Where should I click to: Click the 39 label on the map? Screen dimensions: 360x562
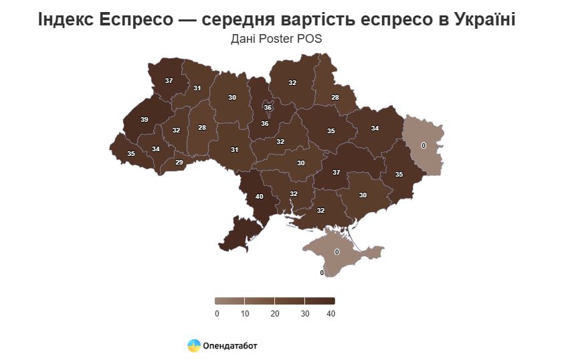pyautogui.click(x=144, y=120)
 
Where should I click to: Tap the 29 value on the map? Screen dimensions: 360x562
pyautogui.click(x=179, y=163)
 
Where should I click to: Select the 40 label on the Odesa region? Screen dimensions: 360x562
pyautogui.click(x=259, y=197)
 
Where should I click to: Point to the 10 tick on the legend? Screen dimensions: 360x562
pyautogui.click(x=246, y=314)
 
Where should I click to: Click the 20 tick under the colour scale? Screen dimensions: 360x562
pyautogui.click(x=275, y=314)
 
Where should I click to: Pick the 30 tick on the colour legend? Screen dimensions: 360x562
pyautogui.click(x=304, y=314)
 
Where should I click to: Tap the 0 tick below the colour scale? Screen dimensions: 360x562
pyautogui.click(x=217, y=314)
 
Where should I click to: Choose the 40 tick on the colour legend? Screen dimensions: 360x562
pyautogui.click(x=331, y=314)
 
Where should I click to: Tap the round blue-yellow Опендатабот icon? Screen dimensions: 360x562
pyautogui.click(x=194, y=345)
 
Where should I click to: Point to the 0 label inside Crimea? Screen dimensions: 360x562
pyautogui.click(x=337, y=252)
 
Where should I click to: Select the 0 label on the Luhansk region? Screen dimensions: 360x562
pyautogui.click(x=423, y=145)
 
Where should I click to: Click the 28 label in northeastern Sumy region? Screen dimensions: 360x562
pyautogui.click(x=335, y=98)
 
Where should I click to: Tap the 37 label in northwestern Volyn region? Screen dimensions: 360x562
pyautogui.click(x=169, y=81)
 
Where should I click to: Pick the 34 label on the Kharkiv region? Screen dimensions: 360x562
pyautogui.click(x=375, y=128)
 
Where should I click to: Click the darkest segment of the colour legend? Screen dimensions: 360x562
pyautogui.click(x=319, y=301)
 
